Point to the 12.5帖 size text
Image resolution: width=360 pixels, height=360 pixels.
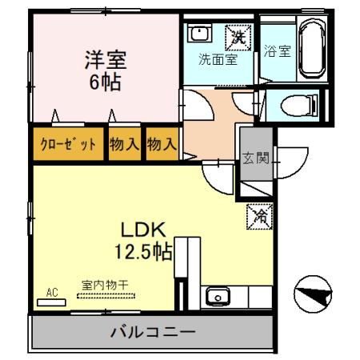tap(142, 252)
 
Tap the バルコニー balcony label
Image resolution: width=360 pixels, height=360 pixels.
tap(154, 330)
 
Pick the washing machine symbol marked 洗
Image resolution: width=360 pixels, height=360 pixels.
tap(237, 35)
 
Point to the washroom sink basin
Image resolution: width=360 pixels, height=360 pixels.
tap(197, 34)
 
